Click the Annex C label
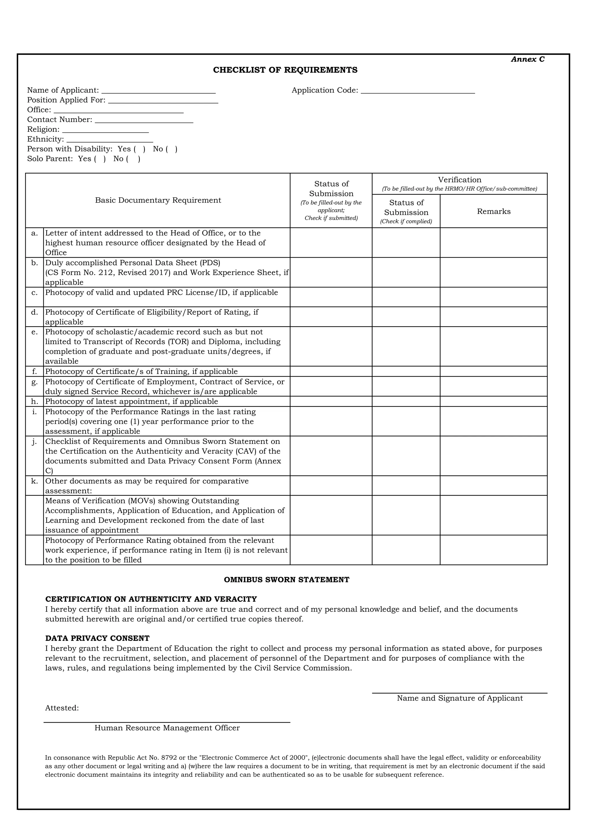click(528, 60)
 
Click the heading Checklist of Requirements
click(285, 70)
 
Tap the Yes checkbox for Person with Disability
click(140, 149)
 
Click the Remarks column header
click(494, 212)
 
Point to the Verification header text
click(459, 180)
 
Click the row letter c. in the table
click(35, 293)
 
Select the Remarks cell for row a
click(494, 243)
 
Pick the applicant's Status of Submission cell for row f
click(331, 371)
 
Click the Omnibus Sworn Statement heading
click(286, 580)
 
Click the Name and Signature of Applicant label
click(460, 698)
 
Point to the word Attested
click(62, 708)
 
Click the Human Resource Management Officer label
click(167, 728)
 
